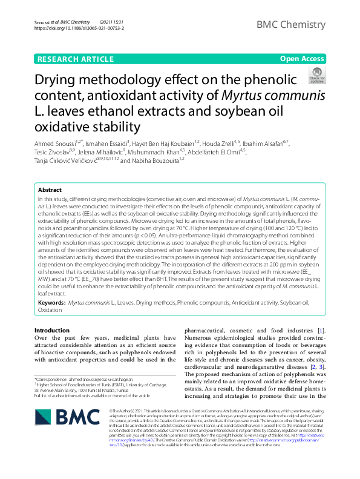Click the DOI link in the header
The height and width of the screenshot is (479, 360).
point(80,28)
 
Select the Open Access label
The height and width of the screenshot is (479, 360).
point(302,59)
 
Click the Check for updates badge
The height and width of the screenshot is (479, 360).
point(316,76)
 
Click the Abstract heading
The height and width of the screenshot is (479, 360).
point(50,190)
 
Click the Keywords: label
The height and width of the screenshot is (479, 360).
point(52,302)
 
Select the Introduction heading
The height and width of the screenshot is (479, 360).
point(52,330)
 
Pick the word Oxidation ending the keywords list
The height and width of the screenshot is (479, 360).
point(50,309)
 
